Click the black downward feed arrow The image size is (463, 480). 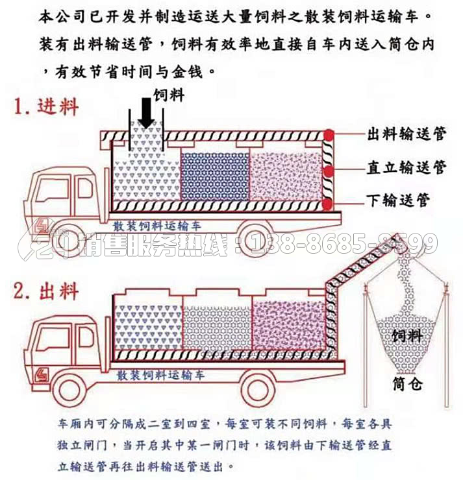147,113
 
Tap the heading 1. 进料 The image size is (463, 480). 46,107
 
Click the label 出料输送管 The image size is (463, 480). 407,134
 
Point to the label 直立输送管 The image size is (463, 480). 407,167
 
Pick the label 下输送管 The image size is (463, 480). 398,200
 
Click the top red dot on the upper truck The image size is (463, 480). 329,135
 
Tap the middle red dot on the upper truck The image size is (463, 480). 329,171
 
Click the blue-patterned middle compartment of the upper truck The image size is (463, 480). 215,176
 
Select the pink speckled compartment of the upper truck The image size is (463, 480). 286,176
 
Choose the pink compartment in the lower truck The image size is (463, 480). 288,325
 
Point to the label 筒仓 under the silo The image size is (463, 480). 408,384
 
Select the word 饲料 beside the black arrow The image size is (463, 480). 169,95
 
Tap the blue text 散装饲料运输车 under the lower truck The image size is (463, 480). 160,375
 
